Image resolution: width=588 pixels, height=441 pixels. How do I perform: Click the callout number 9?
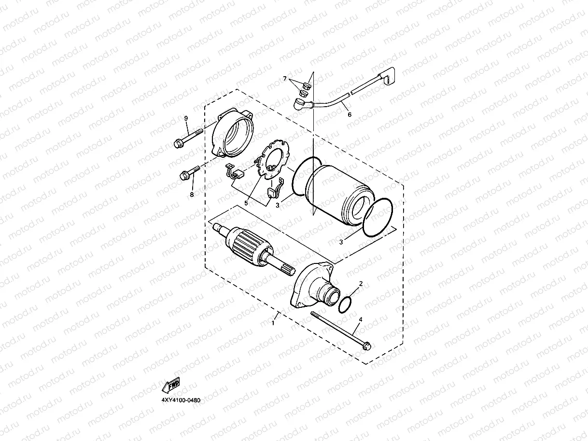185,118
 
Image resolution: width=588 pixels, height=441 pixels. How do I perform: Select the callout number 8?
191,194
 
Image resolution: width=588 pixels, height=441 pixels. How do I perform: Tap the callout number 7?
285,78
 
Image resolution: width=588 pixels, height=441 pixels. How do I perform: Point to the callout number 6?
350,115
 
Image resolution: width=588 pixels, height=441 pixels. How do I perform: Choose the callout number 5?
246,203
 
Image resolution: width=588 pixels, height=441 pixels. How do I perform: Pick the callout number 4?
360,319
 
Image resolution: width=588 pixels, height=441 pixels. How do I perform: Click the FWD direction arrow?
171,386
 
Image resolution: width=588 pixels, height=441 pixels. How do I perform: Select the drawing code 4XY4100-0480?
181,400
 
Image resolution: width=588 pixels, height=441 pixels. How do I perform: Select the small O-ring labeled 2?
345,305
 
